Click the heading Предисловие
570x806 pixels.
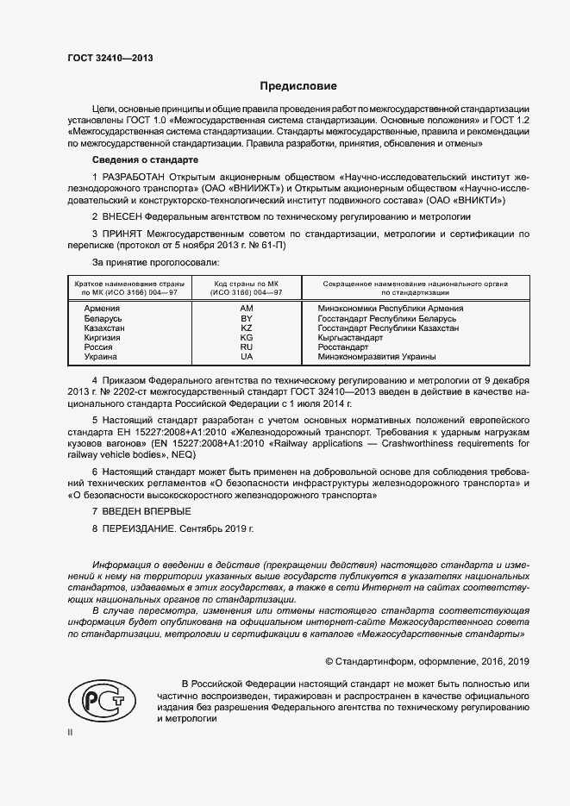pos(299,86)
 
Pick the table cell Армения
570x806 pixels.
pos(102,308)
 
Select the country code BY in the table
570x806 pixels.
pos(247,318)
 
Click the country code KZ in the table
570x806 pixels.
pos(247,328)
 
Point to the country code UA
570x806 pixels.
pos(247,357)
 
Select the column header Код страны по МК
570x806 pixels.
pos(247,284)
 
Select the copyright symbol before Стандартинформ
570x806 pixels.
pos(329,662)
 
